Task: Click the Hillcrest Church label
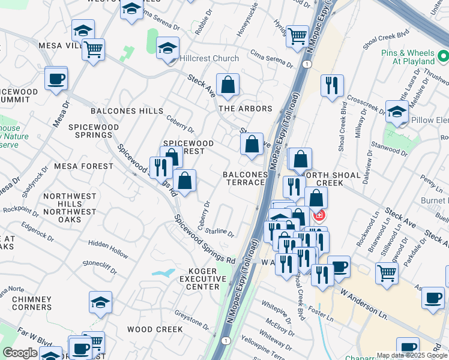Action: tap(209, 59)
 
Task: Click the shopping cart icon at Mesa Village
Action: tap(93, 50)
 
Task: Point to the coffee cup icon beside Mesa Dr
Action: tap(56, 79)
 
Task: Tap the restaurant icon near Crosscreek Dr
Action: tap(332, 85)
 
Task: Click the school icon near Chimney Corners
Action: tap(100, 303)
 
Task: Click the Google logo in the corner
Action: tap(20, 353)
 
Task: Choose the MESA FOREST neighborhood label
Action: tap(83, 166)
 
